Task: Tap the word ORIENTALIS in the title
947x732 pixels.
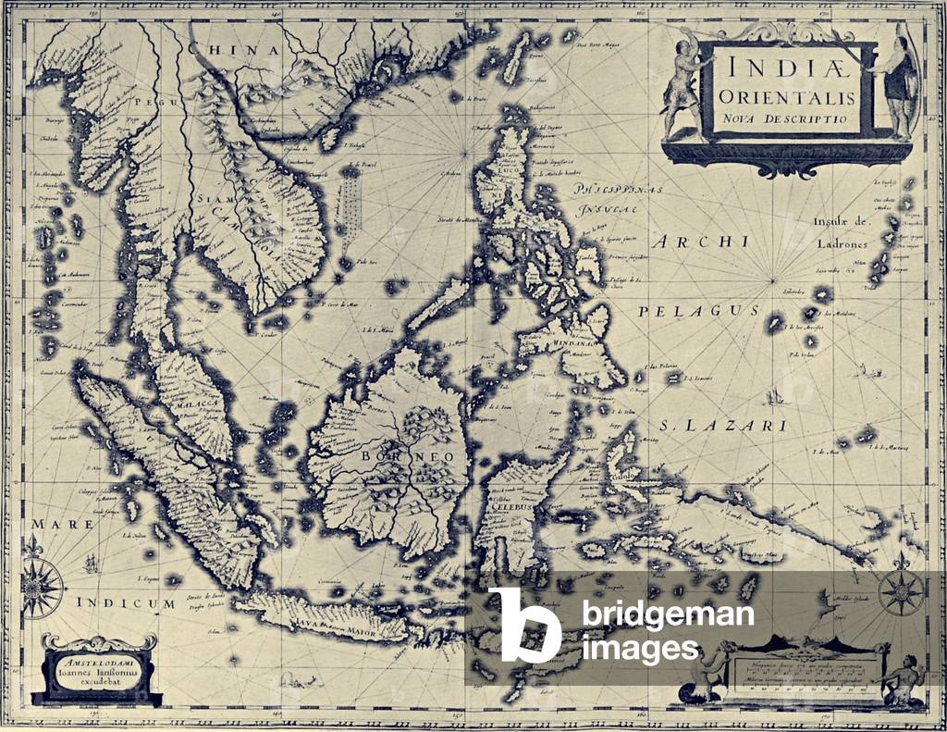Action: click(789, 95)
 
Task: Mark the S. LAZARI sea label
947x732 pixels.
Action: click(723, 426)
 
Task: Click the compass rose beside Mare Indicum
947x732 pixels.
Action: click(41, 587)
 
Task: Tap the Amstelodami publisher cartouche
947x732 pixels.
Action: click(98, 668)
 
